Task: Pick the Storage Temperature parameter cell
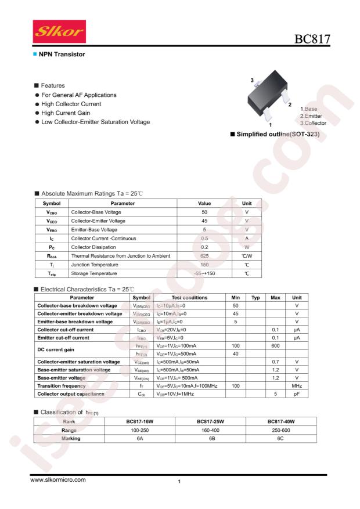pos(95,256)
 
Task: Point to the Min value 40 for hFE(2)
pos(236,337)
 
